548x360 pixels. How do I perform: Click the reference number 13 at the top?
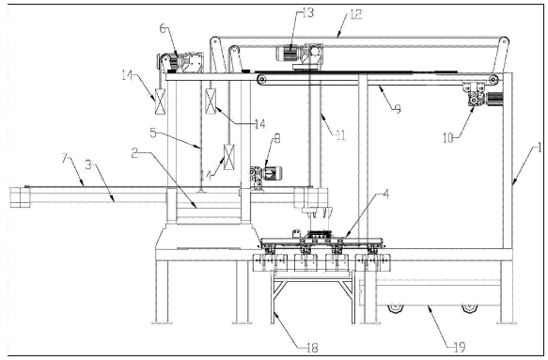click(308, 13)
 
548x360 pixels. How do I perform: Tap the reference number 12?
click(356, 15)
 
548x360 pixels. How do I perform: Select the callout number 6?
click(164, 28)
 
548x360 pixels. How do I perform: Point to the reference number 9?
click(398, 109)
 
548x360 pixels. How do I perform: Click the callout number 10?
click(447, 138)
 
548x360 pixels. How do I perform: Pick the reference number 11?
click(341, 135)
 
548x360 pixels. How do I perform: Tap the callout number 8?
click(276, 139)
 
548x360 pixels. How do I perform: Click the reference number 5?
click(153, 133)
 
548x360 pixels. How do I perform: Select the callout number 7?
click(65, 159)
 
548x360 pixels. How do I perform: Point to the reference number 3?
click(88, 165)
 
